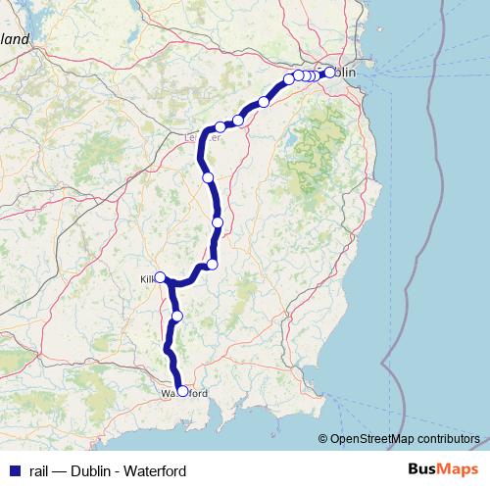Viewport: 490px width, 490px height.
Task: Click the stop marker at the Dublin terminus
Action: (x=329, y=71)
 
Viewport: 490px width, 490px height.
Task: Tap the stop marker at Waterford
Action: (x=182, y=391)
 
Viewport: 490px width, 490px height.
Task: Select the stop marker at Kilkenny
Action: (x=160, y=277)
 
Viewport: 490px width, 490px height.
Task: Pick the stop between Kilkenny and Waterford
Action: (x=176, y=315)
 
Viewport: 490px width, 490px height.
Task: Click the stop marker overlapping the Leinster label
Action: (x=220, y=127)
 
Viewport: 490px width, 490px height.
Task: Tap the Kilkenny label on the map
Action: (x=148, y=279)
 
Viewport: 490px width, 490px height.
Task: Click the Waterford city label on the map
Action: (x=184, y=394)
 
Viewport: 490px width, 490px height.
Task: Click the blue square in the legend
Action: (x=14, y=471)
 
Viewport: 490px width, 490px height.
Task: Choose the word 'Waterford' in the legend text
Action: (x=155, y=471)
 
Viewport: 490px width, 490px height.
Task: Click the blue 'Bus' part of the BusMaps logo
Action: (x=423, y=470)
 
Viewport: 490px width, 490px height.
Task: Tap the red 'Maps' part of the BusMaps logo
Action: (x=459, y=470)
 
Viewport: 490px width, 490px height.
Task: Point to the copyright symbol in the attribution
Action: (x=323, y=439)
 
